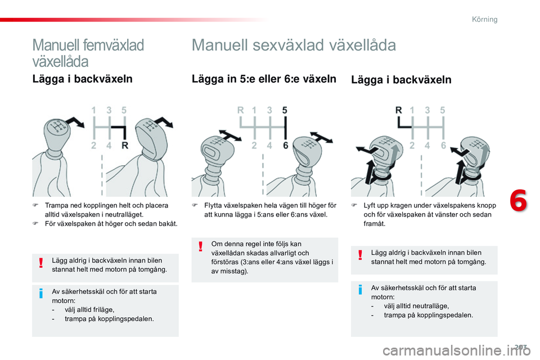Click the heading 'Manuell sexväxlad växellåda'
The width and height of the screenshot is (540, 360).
[x=294, y=45]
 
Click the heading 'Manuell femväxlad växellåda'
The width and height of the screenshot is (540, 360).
[x=88, y=52]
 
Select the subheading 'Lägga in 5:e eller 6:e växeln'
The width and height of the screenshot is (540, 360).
[x=264, y=79]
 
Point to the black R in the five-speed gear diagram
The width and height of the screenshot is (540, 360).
[x=125, y=145]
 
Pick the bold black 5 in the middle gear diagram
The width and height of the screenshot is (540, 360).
[x=285, y=111]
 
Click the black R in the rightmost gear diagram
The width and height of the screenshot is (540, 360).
[x=399, y=111]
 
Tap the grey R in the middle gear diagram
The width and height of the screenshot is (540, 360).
[x=240, y=111]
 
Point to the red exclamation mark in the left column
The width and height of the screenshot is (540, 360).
[x=41, y=264]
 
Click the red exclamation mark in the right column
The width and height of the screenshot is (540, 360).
[x=361, y=256]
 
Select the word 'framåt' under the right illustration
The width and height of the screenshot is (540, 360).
[x=375, y=223]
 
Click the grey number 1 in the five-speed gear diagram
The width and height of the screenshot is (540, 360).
[x=94, y=111]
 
